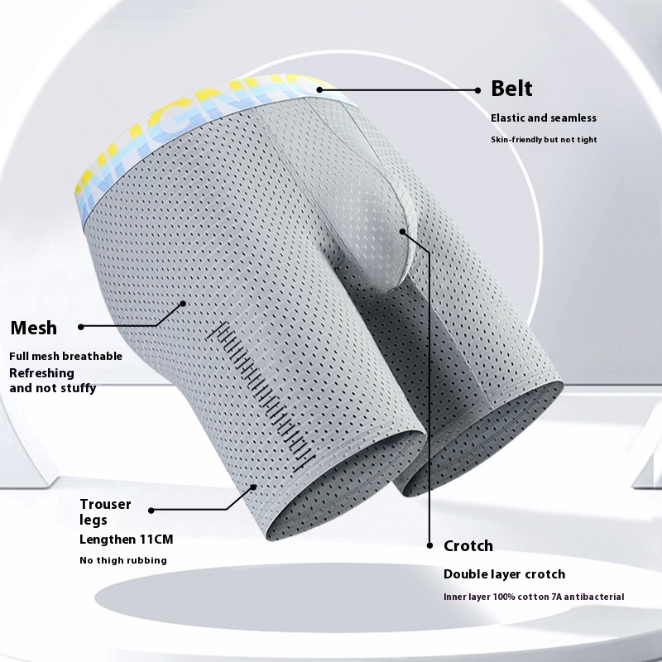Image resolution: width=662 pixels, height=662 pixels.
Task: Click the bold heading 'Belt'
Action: pos(511,89)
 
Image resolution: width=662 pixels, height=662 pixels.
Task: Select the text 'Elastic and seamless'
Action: pos(544,118)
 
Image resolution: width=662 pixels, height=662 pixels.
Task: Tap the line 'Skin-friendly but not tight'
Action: pos(544,139)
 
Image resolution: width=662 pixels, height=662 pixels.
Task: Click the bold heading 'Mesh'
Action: pos(34,328)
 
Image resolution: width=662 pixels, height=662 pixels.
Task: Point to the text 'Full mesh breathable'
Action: pos(66,356)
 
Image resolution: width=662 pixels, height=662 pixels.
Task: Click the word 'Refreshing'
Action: pos(42,373)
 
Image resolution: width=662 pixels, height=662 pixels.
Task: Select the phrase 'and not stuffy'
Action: pos(53,387)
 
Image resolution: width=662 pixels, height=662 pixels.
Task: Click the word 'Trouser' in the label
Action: pos(106,504)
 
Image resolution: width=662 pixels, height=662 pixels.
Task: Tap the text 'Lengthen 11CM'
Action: pos(127,540)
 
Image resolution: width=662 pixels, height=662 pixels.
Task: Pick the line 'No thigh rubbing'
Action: pos(123,560)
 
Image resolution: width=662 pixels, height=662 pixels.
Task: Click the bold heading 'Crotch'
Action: pos(468,546)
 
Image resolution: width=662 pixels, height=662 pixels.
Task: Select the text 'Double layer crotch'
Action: pos(504,574)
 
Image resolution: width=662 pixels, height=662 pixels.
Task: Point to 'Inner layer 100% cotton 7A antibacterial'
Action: pos(534,597)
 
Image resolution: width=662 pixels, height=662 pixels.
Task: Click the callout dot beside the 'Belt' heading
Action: pos(477,90)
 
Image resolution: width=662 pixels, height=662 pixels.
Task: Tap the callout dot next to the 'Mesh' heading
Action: pos(81,326)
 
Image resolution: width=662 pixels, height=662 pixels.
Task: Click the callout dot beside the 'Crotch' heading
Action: pos(429,545)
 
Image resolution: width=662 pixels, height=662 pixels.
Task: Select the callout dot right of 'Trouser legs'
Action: pos(151,511)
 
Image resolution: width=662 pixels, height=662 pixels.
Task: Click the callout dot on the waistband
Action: pos(319,89)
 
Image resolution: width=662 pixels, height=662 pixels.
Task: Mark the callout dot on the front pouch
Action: pos(402,232)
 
